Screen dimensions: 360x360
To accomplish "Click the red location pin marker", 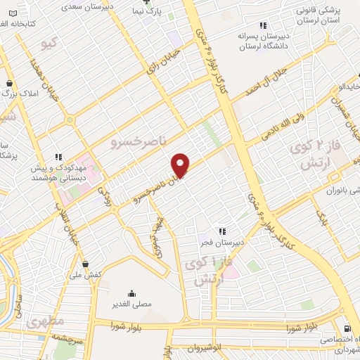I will tap(181, 165).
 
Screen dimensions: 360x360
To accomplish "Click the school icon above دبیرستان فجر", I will tap(221, 231).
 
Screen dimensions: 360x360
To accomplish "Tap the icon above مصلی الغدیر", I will tap(131, 293).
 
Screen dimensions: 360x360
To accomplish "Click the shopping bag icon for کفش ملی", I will tap(86, 264).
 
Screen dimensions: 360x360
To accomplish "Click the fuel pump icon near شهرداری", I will tap(347, 328).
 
